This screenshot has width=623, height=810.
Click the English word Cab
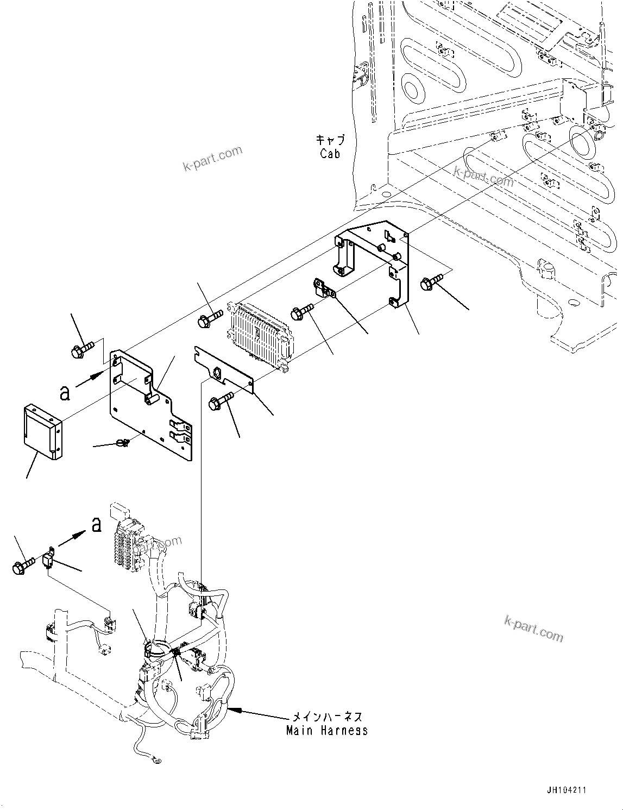[x=330, y=154]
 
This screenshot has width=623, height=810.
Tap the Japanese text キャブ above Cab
[x=330, y=140]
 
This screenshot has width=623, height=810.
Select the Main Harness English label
[x=327, y=731]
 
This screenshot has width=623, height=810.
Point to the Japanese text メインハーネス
[x=328, y=718]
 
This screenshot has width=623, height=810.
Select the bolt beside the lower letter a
[x=22, y=566]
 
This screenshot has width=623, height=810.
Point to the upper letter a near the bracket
[x=65, y=392]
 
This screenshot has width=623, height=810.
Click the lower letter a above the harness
[x=97, y=524]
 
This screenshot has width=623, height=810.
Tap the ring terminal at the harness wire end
[x=157, y=761]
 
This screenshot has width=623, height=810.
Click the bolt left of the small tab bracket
[x=301, y=312]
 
